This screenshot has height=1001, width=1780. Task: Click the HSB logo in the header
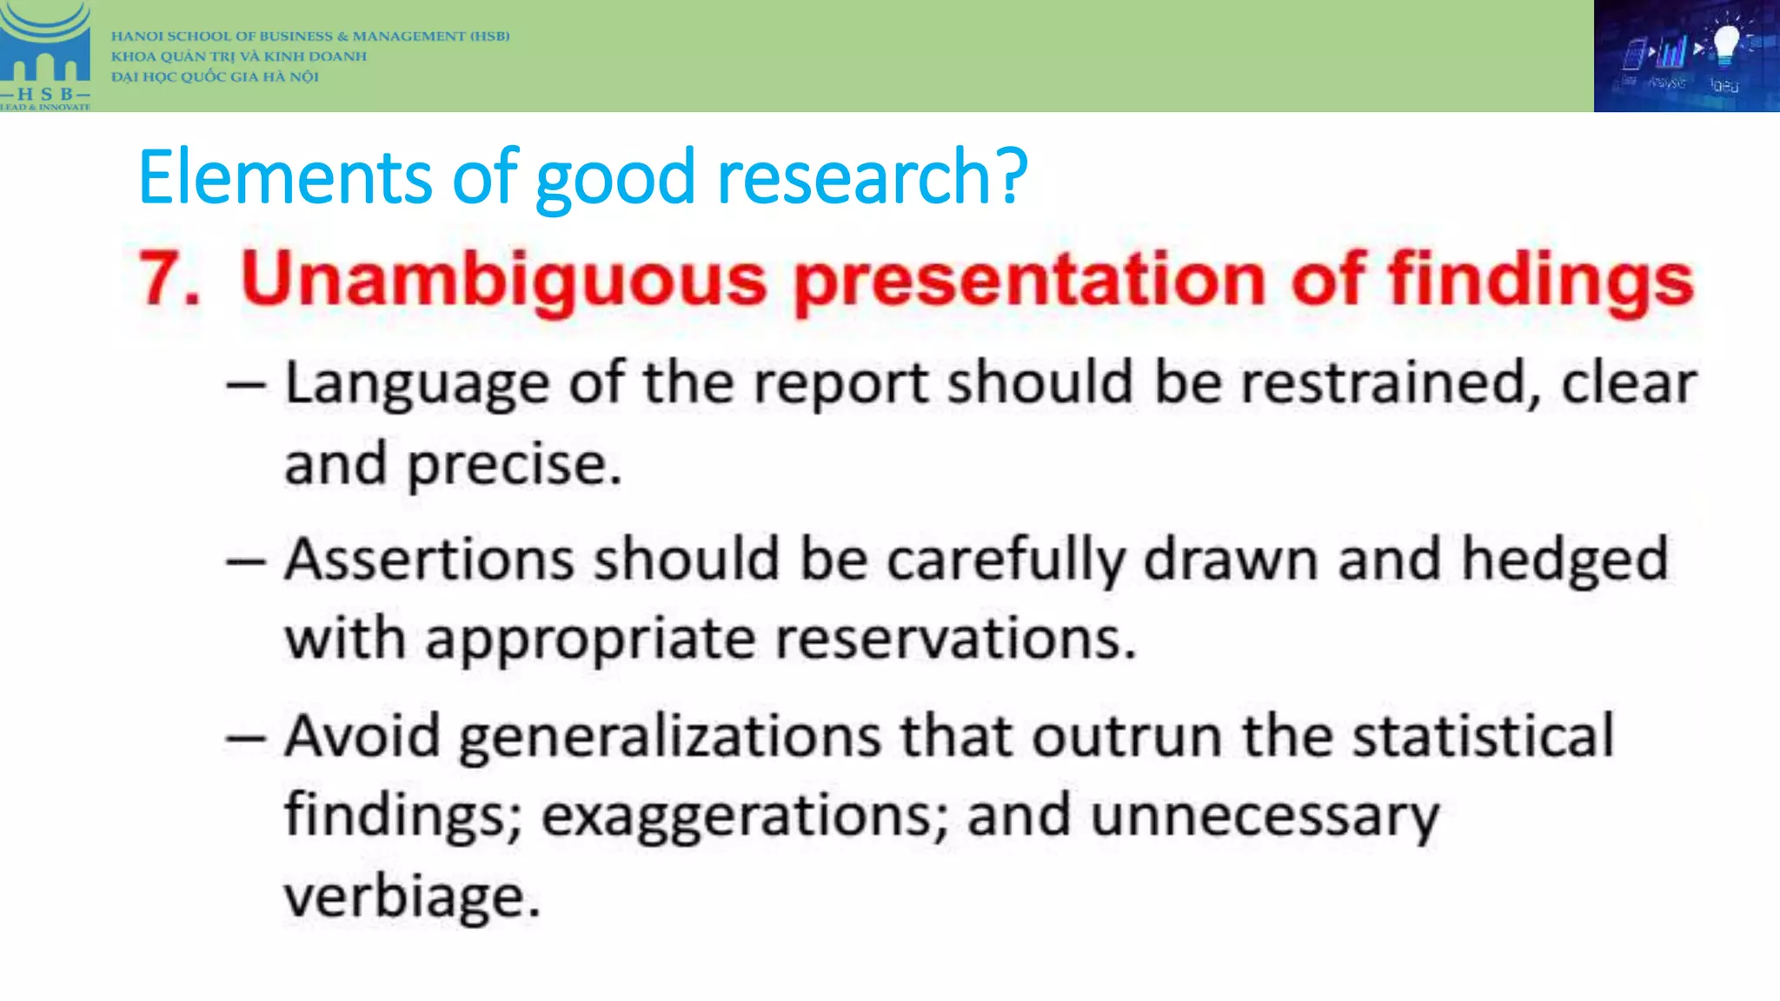[45, 56]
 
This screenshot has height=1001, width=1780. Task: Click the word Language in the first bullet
[417, 384]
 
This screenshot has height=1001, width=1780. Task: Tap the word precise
[515, 466]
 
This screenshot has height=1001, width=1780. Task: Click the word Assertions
[429, 560]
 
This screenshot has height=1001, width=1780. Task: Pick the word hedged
[1564, 561]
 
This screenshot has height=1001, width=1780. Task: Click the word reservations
[954, 640]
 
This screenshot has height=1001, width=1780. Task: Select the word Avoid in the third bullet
[362, 736]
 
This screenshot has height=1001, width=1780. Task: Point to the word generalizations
[669, 738]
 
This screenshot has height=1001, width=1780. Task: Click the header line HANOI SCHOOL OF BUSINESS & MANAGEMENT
[309, 36]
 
